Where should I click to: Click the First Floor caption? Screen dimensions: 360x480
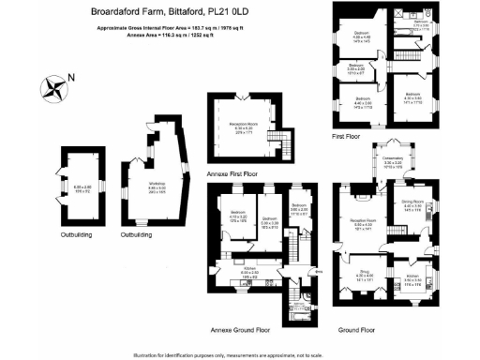(348, 136)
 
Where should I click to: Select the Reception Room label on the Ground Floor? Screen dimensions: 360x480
(361, 221)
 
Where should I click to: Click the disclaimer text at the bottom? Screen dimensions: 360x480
(240, 353)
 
